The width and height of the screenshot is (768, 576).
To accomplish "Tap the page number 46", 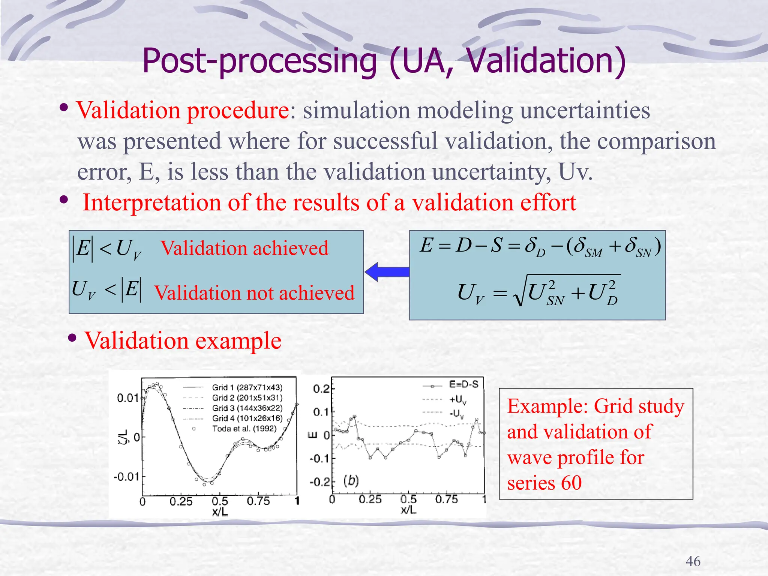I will (x=693, y=561).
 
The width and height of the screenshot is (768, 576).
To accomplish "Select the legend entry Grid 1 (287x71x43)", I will (x=247, y=387).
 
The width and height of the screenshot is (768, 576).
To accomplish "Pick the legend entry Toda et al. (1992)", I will (x=244, y=429).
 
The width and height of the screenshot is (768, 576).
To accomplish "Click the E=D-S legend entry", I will (x=463, y=385).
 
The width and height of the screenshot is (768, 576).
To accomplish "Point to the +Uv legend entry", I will (x=457, y=400).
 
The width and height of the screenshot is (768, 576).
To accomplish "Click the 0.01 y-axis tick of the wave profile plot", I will (x=128, y=398).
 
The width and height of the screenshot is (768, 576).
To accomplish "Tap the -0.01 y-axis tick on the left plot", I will (x=126, y=477).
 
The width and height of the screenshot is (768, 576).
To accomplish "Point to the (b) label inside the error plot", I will (x=351, y=481).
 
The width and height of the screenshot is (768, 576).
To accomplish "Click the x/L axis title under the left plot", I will (x=220, y=511).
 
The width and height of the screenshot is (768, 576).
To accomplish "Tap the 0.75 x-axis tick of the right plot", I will (x=446, y=500).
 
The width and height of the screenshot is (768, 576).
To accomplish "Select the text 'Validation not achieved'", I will (x=254, y=293).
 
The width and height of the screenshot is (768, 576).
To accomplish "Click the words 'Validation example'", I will (x=183, y=340).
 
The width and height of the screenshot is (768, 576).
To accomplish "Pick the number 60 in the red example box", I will (x=571, y=483).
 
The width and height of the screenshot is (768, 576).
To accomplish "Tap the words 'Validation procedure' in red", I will (x=183, y=111).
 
